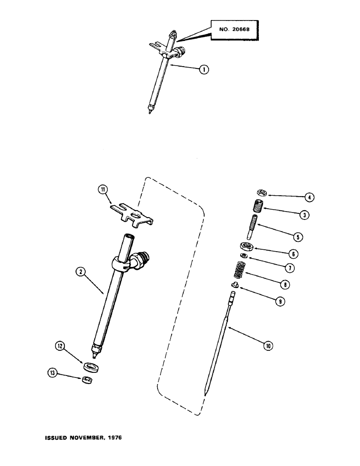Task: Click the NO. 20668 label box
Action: pyautogui.click(x=234, y=31)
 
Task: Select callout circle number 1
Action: pyautogui.click(x=203, y=69)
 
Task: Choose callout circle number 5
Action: pyautogui.click(x=298, y=237)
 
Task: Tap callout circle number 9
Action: pyautogui.click(x=279, y=302)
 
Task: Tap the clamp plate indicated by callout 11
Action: pyautogui.click(x=133, y=212)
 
